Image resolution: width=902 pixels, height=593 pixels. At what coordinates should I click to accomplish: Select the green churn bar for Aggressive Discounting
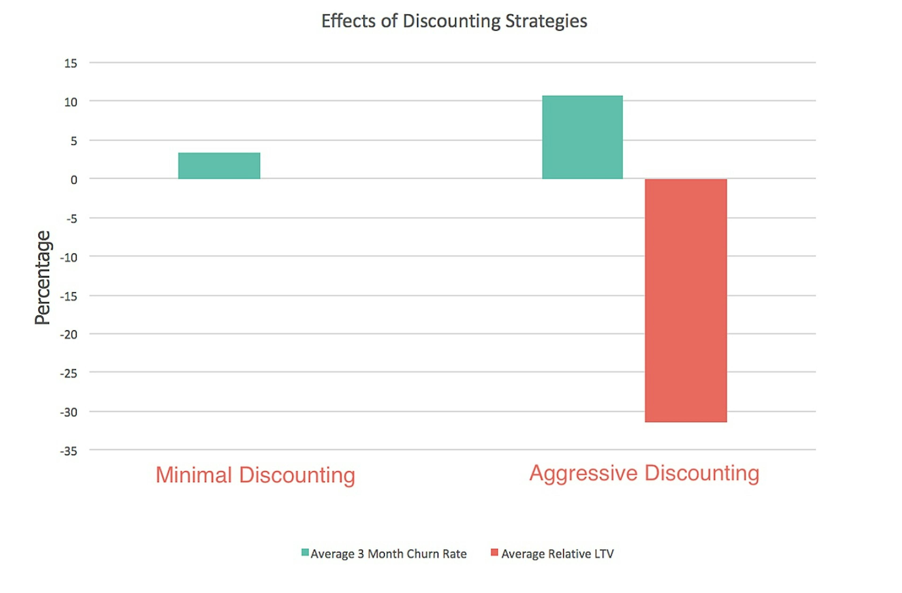(582, 137)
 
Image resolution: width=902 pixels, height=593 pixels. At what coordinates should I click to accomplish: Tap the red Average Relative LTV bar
(686, 300)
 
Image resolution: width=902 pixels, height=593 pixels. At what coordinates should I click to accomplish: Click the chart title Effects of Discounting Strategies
(454, 21)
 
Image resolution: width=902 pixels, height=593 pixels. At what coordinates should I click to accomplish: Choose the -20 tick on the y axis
(69, 335)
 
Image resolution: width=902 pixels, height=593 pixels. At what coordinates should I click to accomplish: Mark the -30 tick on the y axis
(69, 412)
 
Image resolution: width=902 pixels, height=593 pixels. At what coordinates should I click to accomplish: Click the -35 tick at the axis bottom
(69, 451)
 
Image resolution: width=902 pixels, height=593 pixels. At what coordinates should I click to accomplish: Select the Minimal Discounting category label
(255, 475)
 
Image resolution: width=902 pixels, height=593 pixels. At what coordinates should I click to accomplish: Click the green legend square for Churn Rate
(305, 552)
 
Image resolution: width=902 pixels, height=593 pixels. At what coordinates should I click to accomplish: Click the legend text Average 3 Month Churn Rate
(389, 554)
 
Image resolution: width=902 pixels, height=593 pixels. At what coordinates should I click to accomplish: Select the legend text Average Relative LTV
(557, 554)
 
